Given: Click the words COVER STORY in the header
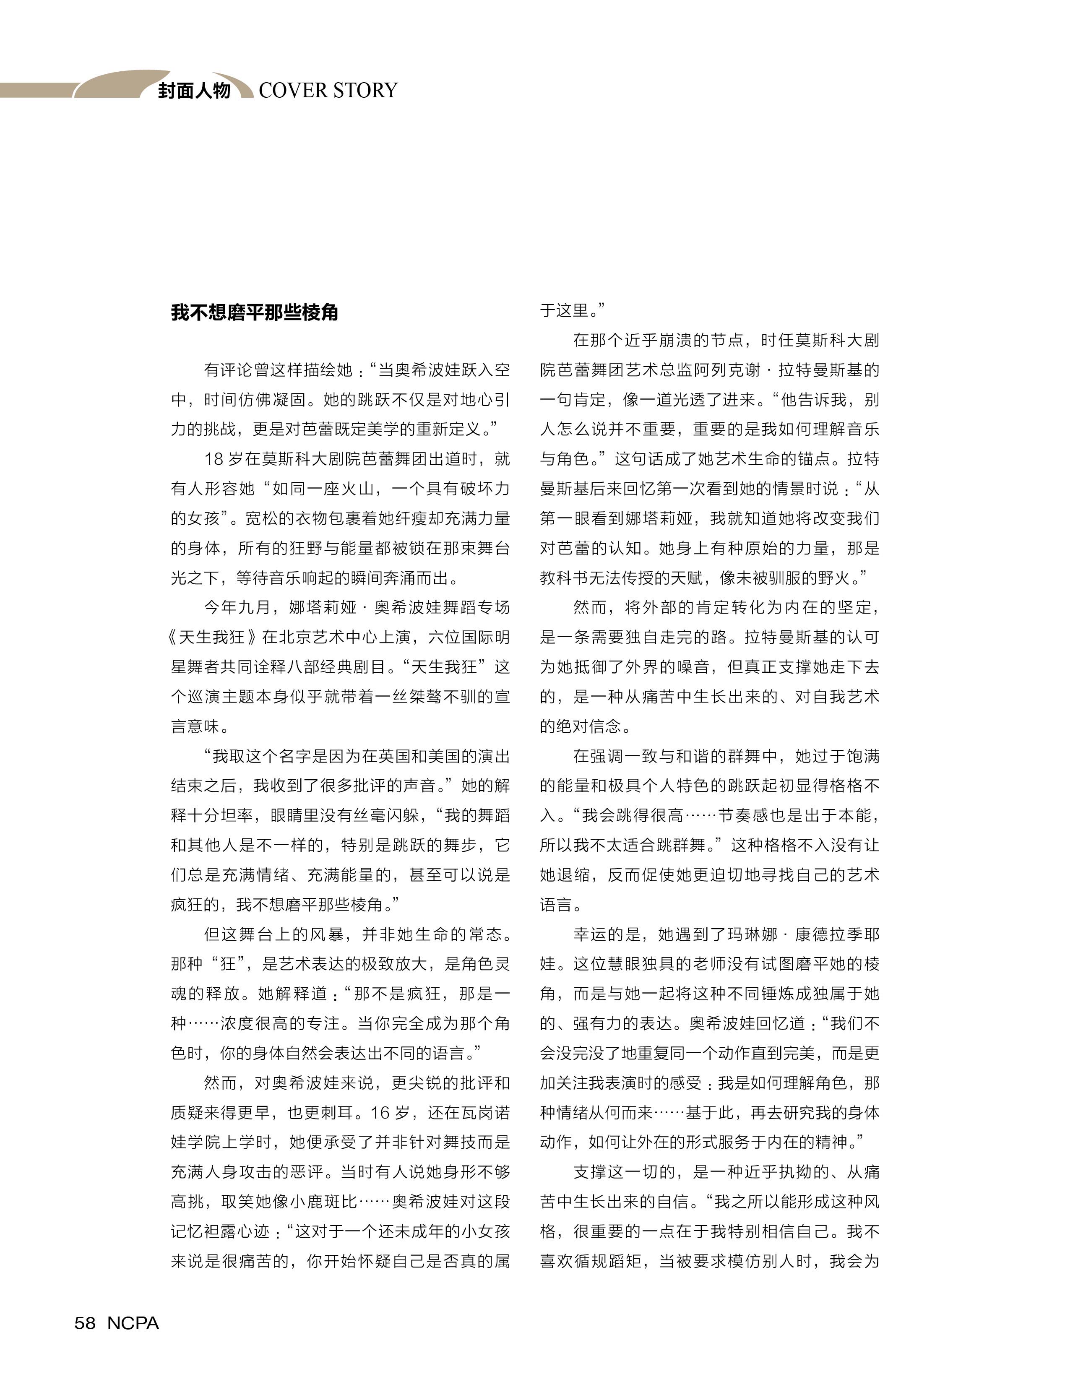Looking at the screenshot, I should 328,90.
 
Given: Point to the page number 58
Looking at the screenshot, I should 85,1323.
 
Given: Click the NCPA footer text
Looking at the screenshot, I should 133,1323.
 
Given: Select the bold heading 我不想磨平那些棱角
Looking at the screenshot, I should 255,312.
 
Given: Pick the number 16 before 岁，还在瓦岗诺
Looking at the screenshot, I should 381,1113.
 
